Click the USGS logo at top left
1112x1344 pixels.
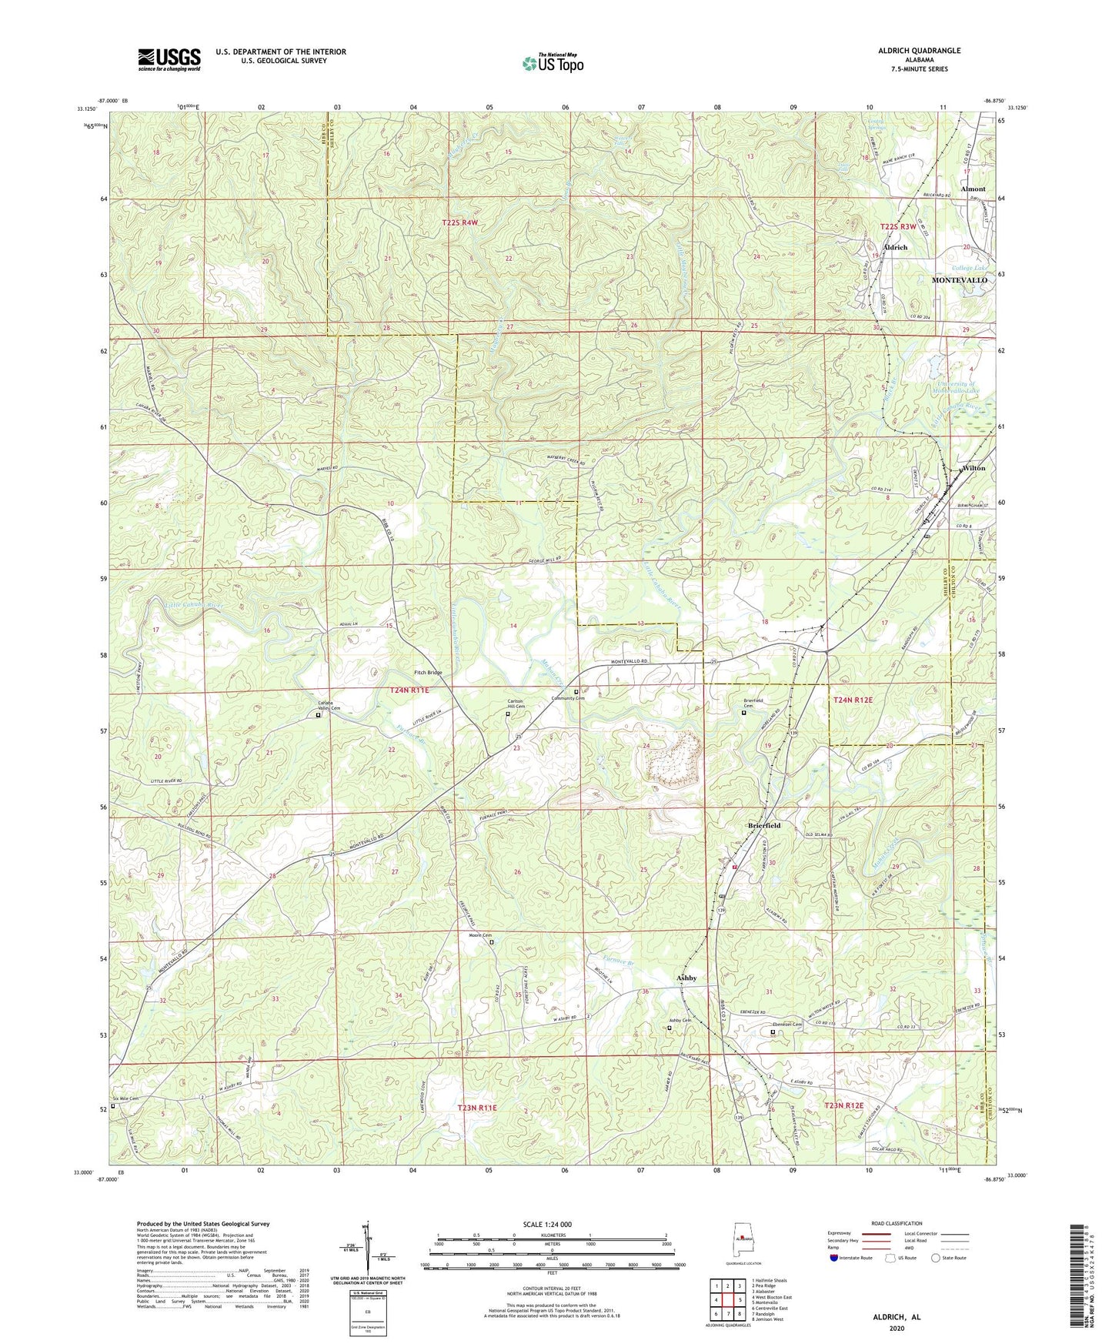coord(169,59)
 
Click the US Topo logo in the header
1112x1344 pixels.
coord(553,63)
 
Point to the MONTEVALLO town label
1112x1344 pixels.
coord(959,280)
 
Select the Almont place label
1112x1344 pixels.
coord(973,189)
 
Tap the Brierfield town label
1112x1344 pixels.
coord(764,825)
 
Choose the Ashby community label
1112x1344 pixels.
coord(686,978)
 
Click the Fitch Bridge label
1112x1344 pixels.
coord(428,673)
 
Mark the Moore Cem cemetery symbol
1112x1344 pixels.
coord(493,941)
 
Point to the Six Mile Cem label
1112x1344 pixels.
coord(125,1098)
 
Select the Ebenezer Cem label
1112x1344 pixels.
coord(787,1025)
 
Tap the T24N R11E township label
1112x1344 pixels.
coord(408,690)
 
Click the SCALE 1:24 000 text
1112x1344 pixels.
coord(546,1224)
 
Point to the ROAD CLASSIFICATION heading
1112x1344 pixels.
coord(897,1223)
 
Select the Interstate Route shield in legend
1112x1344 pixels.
coord(837,1258)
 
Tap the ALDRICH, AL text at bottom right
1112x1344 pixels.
coord(897,1317)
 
